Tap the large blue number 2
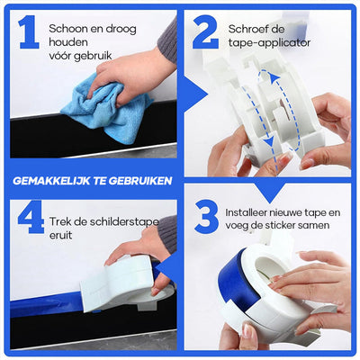click(206, 32)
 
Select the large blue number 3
click(206, 219)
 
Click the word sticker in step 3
click(287, 228)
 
